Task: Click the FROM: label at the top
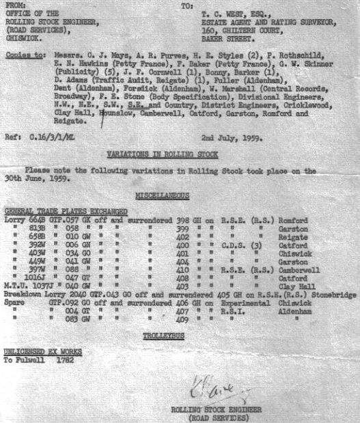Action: pos(14,5)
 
